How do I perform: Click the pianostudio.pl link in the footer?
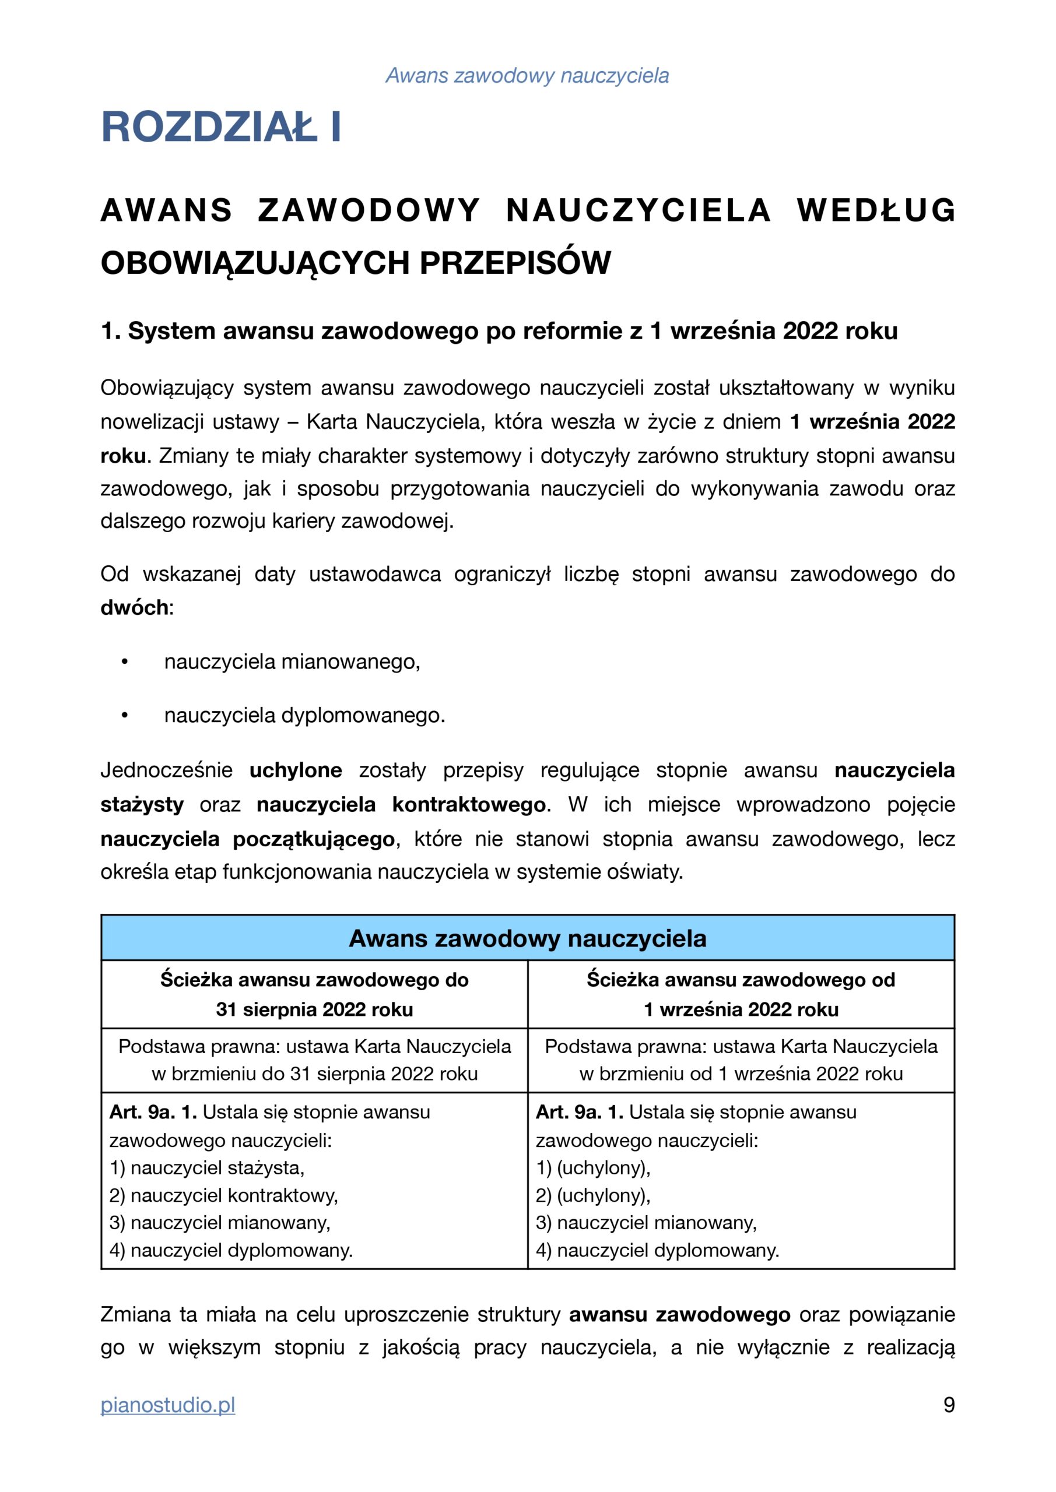167,1405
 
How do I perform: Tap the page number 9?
948,1405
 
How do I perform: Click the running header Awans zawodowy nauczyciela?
527,75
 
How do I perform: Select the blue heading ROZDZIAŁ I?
221,126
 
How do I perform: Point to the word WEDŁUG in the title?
876,210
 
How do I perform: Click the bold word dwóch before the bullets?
135,608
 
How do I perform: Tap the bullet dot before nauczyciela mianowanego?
124,662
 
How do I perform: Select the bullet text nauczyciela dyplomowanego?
304,716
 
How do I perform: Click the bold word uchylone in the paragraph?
296,770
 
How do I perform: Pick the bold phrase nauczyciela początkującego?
247,839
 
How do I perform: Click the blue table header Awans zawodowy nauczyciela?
527,938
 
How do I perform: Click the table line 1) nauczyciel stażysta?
207,1168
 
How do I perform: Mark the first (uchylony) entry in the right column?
593,1168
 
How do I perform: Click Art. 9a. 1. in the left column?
153,1112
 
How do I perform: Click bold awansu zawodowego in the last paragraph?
679,1315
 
